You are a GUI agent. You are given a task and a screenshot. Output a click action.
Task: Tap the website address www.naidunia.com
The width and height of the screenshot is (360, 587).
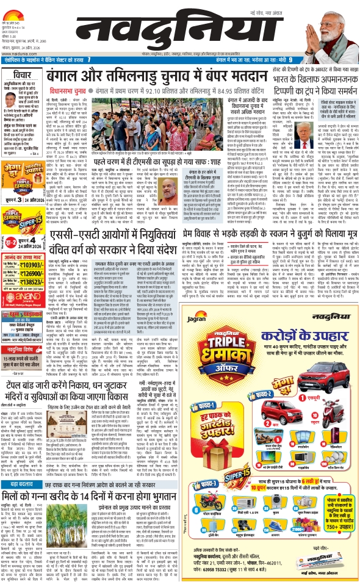coord(18,53)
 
